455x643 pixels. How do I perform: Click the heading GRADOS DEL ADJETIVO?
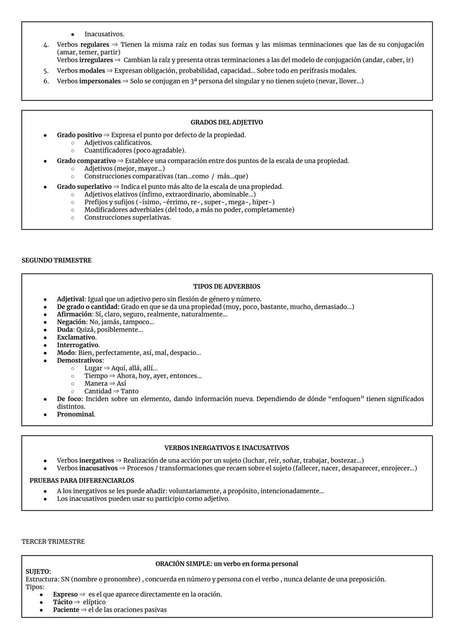227,122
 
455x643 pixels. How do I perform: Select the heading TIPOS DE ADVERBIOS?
227,286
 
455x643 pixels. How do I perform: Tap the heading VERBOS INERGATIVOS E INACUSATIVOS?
227,448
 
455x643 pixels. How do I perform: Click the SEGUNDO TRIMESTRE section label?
56,261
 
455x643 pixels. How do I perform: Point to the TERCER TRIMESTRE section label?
53,542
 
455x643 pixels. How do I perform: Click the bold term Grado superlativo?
84,187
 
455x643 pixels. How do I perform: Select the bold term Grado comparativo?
86,161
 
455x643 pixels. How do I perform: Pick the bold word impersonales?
100,81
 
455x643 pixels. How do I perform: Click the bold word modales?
92,71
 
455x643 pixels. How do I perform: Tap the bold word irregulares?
96,60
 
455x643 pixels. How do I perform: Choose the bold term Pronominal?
75,414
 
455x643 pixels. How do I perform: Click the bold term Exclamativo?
76,337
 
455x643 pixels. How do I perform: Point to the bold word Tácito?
62,602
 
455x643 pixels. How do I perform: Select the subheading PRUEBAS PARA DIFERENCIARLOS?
82,481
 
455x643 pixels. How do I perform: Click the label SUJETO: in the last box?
38,572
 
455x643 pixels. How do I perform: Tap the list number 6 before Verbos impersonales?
46,81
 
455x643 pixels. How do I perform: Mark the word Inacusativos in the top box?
104,34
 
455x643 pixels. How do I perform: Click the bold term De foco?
70,399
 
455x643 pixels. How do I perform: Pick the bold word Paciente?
66,610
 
